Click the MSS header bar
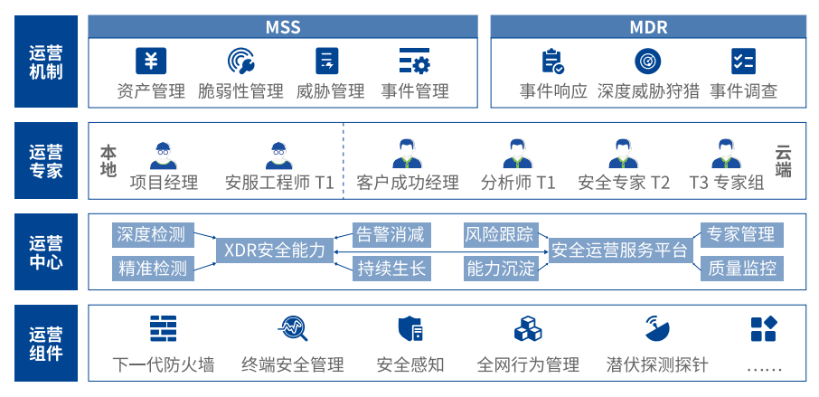pos(282,26)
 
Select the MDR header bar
pos(648,26)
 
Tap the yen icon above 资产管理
pos(151,61)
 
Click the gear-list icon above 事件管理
pos(415,61)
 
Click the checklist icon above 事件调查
pos(743,61)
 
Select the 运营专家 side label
pos(45,159)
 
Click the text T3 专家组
pos(727,183)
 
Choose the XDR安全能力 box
pos(274,250)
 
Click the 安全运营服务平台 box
pos(620,250)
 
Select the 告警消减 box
pos(391,234)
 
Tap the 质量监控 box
pos(741,268)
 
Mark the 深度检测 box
pos(151,234)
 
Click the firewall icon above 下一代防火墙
pos(164,328)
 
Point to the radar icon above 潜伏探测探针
pos(657,328)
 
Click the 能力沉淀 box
pos(501,268)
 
